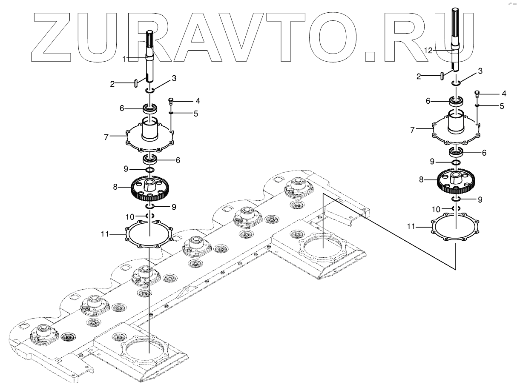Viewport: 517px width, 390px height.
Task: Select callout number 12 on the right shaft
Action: (x=428, y=50)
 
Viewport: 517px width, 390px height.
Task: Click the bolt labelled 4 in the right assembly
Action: (x=477, y=93)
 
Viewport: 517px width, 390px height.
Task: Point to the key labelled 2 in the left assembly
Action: (x=136, y=83)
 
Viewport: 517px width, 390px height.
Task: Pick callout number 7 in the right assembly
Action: (x=412, y=130)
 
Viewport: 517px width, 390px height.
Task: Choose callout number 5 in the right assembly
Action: (x=502, y=106)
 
